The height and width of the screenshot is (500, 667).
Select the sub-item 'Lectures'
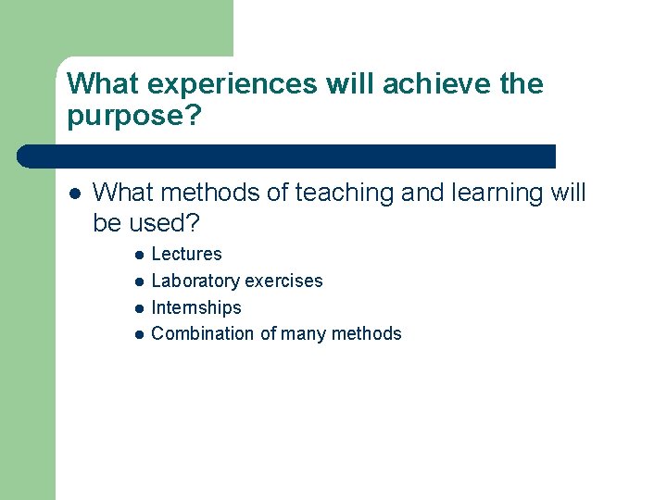point(186,254)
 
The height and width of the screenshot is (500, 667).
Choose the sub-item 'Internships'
point(195,307)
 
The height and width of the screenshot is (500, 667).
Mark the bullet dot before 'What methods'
point(74,194)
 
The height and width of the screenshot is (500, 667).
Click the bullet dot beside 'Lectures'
point(137,255)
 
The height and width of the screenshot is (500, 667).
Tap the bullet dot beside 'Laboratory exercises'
point(137,281)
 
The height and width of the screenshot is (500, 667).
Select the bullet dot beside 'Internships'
point(137,308)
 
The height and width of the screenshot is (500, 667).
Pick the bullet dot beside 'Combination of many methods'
point(137,334)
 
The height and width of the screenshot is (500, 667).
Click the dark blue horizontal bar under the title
point(287,156)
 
